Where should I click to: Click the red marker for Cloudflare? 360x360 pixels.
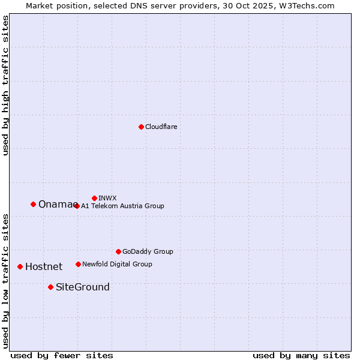tap(141, 127)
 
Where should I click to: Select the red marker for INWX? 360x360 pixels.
tap(94, 198)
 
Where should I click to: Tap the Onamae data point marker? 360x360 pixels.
tap(33, 204)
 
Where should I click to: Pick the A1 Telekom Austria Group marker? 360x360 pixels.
tap(77, 206)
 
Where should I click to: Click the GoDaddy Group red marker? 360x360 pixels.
tap(118, 251)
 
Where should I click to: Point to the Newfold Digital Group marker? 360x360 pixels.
tap(78, 264)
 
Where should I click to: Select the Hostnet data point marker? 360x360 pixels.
tap(20, 266)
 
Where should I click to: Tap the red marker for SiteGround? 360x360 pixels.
tap(50, 287)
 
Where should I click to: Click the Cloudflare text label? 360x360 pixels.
tap(161, 127)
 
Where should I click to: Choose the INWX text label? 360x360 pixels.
tap(107, 198)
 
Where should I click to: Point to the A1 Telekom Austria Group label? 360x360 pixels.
tap(122, 206)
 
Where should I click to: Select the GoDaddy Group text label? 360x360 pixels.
tap(148, 251)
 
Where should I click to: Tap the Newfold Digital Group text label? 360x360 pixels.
tap(117, 264)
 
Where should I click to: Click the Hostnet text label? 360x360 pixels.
tap(44, 266)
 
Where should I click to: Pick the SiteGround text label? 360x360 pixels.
tap(83, 287)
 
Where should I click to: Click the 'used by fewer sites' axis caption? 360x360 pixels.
tap(62, 355)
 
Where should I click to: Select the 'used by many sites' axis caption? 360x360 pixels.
tap(301, 355)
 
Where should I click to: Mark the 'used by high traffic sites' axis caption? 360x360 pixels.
tap(5, 85)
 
